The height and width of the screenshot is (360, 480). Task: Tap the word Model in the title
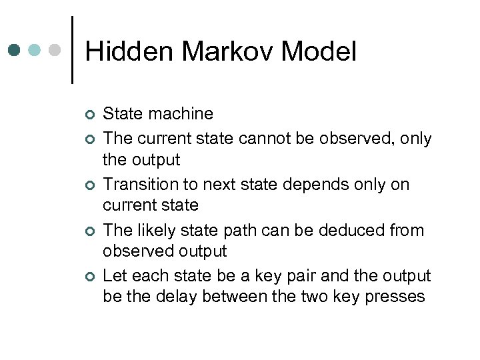point(319,52)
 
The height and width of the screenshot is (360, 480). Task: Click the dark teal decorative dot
point(15,50)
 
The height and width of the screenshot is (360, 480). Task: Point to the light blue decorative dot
point(35,50)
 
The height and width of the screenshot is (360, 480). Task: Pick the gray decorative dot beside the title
point(55,50)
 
